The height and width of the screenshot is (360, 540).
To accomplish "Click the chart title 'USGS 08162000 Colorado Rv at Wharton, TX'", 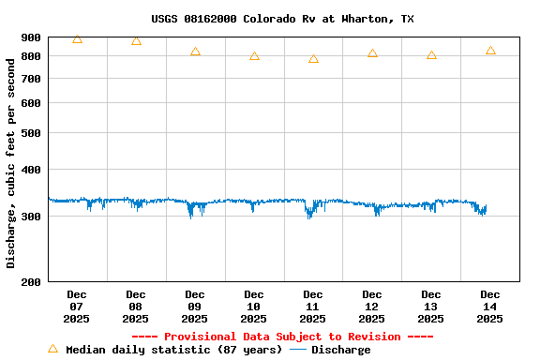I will [x=282, y=19].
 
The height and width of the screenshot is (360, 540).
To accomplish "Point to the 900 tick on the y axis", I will [x=31, y=37].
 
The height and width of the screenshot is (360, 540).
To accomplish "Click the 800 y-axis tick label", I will [x=31, y=56].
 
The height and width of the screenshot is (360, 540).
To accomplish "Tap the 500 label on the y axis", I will [x=31, y=133].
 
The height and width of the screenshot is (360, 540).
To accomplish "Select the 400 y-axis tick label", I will [x=31, y=170].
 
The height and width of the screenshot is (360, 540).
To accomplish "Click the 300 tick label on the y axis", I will [x=31, y=217].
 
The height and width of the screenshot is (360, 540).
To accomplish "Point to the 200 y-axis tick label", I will [x=31, y=281].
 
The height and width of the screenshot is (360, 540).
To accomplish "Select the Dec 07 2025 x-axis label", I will [x=77, y=307].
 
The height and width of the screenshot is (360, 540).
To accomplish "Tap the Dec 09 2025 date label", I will [x=195, y=307].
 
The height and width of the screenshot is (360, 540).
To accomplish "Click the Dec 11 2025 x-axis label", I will [x=313, y=307].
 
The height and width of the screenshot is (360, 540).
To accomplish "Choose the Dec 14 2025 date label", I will [x=490, y=307].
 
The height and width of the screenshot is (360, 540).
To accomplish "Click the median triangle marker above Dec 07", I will [x=77, y=39].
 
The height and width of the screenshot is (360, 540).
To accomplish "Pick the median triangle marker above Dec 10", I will [x=254, y=56].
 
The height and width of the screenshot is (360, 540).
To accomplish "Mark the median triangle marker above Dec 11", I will [x=313, y=59].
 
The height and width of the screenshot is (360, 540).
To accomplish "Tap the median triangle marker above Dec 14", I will [x=490, y=51].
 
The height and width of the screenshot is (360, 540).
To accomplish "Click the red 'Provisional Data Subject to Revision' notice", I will [x=282, y=337].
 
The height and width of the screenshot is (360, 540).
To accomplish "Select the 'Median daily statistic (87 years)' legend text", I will [x=173, y=350].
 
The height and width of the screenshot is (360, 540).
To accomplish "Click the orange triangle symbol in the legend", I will [x=52, y=349].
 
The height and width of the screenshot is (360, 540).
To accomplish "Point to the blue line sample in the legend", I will [x=298, y=350].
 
